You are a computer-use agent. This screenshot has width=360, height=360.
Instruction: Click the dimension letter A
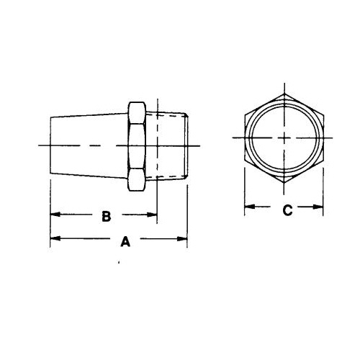tap(124, 243)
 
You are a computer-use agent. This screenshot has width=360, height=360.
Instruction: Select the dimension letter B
tap(104, 216)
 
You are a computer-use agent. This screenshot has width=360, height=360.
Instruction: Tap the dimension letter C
tap(287, 210)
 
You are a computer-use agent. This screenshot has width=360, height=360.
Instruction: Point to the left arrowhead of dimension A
tap(53, 239)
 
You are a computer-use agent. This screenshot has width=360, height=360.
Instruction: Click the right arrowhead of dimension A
tap(183, 239)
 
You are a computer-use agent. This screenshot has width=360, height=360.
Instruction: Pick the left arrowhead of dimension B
tap(53, 215)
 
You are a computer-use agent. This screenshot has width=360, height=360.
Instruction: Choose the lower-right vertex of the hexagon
tap(322, 159)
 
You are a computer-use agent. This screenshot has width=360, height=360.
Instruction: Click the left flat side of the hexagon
tap(244, 138)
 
